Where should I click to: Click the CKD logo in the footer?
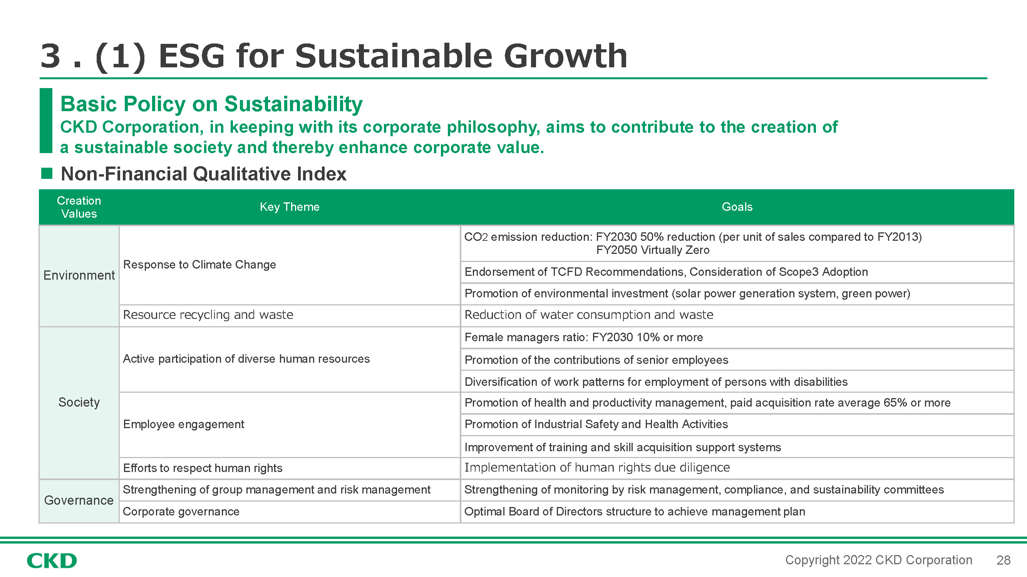coord(52,561)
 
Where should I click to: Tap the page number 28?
coord(1003,560)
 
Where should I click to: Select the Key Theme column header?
coord(290,207)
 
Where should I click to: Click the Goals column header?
coord(737,207)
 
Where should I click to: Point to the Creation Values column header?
coord(79,207)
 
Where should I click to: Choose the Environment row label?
coord(79,275)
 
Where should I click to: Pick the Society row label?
coord(79,402)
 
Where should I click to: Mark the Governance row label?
coord(79,500)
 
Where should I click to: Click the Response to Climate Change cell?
coord(199,264)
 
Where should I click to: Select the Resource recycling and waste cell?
coord(208,315)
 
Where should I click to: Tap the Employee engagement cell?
coord(183,424)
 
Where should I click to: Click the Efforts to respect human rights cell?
coord(203,468)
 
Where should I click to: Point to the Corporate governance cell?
coord(181,511)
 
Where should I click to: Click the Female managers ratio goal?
coord(584,337)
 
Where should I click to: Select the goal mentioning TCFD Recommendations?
coord(666,272)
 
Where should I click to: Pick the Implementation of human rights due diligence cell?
coord(597,467)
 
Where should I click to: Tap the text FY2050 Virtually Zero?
coord(653,250)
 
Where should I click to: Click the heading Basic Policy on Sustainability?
coord(211,104)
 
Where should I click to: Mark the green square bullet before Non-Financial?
coord(47,173)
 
